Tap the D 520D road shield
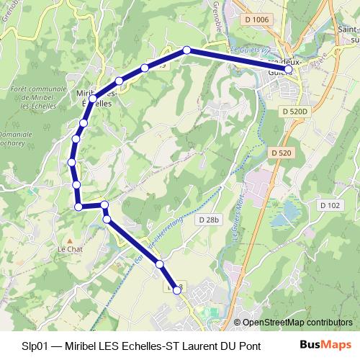click(294, 112)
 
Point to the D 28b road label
click(210, 220)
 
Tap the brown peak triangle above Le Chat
click(69, 240)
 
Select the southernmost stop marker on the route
click(177, 290)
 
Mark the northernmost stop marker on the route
click(186, 50)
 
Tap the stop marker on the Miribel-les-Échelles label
click(94, 98)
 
